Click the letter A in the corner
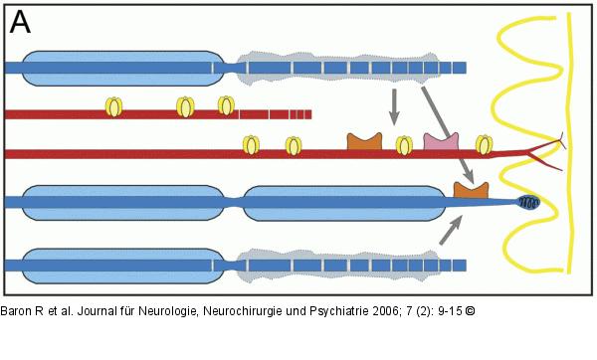[x=19, y=19]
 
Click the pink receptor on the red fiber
[x=440, y=142]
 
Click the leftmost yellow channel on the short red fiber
[x=115, y=104]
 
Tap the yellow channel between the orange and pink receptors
[x=404, y=146]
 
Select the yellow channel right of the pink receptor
[x=484, y=145]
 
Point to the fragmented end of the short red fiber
[x=289, y=113]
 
